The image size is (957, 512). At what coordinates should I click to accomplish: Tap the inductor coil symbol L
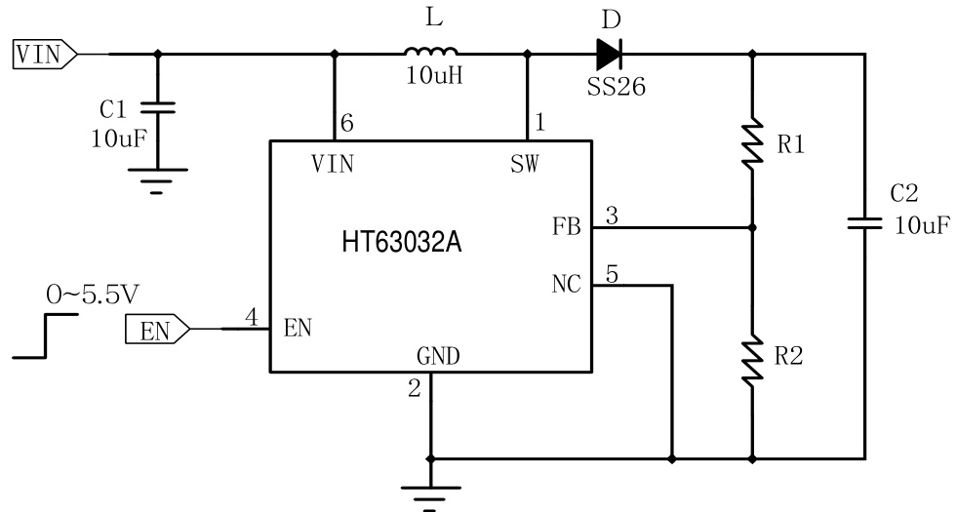430,53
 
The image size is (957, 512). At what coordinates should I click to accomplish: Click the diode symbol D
610,54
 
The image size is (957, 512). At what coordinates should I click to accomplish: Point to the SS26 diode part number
617,88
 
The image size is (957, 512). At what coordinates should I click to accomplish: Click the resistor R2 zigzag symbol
752,358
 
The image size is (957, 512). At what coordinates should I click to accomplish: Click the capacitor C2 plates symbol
864,223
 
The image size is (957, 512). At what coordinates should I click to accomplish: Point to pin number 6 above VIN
345,124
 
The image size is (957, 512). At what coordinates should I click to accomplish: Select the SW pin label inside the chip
523,164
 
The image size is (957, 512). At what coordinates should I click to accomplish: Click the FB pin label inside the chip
566,228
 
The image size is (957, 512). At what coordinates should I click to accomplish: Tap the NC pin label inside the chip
566,285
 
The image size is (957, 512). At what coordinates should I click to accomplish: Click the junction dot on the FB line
752,228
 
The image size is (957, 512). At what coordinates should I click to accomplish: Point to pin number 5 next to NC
611,274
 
